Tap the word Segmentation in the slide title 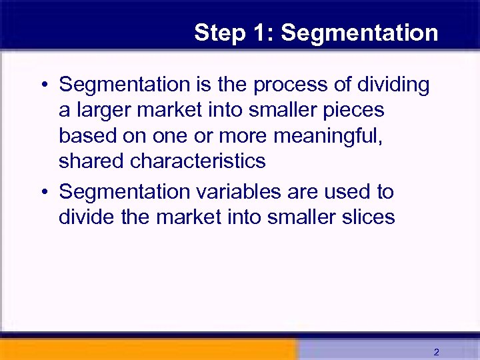pos(360,33)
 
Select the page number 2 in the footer pos(436,351)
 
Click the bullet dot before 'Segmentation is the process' pos(43,86)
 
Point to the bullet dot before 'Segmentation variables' pos(43,193)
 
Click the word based pos(87,135)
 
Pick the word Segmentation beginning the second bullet pos(125,192)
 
